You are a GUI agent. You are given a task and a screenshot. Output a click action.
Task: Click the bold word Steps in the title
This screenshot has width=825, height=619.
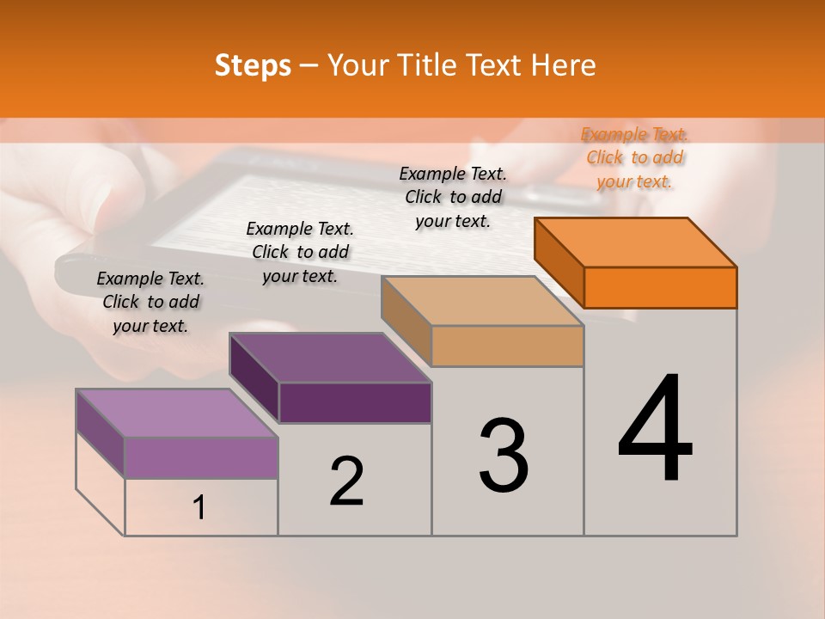click(253, 65)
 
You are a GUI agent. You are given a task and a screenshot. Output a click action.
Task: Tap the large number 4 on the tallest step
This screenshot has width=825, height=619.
click(656, 430)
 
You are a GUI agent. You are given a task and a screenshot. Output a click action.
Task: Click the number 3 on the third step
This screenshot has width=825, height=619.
click(504, 456)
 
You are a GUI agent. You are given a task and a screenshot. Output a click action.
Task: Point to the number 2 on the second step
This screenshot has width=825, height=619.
click(346, 481)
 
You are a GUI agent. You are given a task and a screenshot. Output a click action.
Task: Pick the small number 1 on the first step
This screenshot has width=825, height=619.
click(199, 507)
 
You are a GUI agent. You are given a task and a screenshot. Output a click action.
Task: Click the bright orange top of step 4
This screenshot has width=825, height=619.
click(636, 242)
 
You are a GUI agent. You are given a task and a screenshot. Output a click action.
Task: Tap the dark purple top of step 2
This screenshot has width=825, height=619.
click(330, 358)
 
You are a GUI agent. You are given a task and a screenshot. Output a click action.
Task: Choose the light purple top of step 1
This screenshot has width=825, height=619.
click(177, 413)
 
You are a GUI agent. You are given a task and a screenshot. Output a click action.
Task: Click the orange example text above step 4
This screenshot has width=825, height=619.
click(634, 157)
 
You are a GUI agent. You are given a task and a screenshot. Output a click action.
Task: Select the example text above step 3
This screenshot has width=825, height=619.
click(453, 197)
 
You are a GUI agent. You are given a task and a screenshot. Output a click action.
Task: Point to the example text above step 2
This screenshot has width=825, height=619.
click(300, 252)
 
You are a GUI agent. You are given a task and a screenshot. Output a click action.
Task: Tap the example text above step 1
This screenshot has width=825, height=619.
click(150, 302)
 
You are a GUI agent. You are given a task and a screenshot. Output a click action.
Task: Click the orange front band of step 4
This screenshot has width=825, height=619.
click(660, 287)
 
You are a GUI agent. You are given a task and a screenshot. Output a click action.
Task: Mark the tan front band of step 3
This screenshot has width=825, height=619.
click(507, 346)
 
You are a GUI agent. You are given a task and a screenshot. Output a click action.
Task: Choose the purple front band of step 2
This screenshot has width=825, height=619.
click(355, 402)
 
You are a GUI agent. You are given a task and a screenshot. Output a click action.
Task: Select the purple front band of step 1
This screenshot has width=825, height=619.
click(201, 457)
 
